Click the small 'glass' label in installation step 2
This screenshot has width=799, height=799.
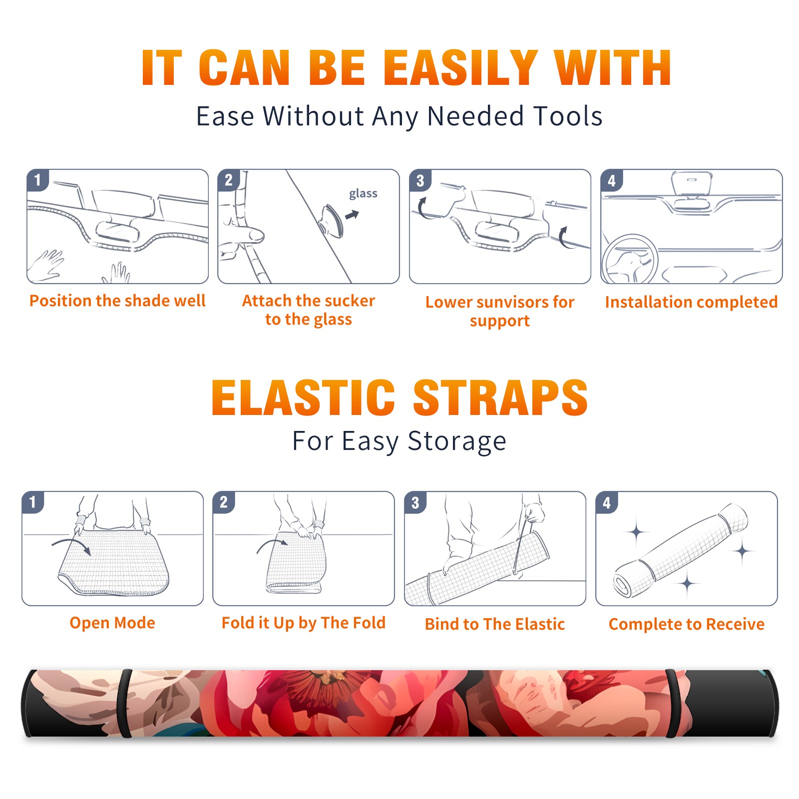point(363,194)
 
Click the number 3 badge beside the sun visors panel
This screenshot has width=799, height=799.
point(420,180)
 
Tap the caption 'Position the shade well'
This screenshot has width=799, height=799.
point(117,301)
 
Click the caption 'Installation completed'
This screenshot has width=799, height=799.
point(691,302)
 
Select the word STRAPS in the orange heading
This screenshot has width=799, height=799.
point(500,398)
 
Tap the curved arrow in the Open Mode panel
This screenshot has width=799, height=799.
point(71,546)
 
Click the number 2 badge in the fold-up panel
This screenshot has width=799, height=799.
point(223,502)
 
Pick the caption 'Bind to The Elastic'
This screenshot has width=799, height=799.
point(494,624)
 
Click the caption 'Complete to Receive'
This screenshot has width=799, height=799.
point(686,624)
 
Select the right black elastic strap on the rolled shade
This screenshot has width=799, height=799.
point(675,704)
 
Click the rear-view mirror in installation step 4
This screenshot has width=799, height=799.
point(692,183)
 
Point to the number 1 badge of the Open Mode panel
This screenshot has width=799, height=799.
point(32,502)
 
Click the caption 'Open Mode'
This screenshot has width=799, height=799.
point(112,623)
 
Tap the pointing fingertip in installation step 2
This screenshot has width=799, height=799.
point(258,235)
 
